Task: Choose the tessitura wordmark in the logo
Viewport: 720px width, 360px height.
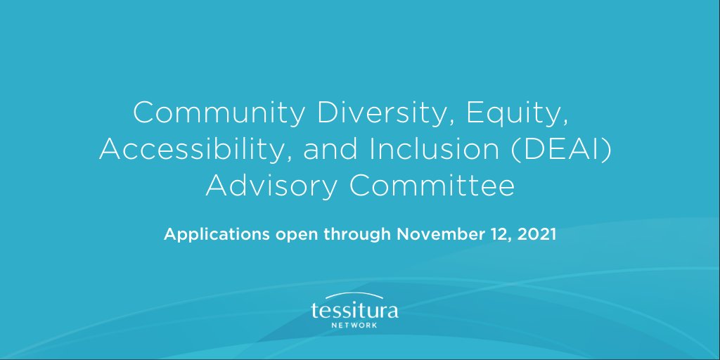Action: [x=354, y=311]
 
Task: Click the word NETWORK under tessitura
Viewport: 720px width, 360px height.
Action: [x=354, y=326]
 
